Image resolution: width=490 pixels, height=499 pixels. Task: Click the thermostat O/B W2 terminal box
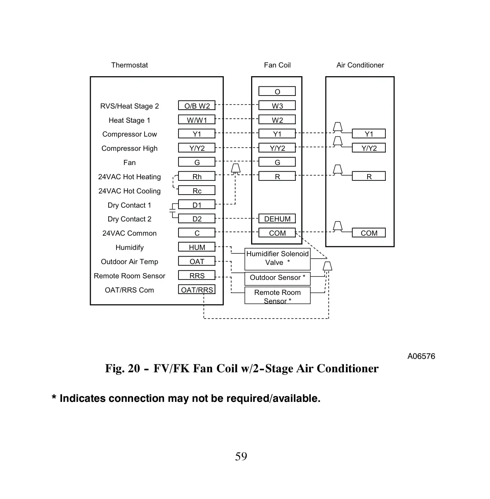(x=197, y=105)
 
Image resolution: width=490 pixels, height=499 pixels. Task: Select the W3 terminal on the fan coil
(x=277, y=105)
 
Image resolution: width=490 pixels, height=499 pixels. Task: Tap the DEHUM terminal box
(x=277, y=219)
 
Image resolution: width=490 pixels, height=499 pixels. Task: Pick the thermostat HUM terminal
(x=197, y=247)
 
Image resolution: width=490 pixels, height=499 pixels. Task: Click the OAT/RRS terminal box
(x=197, y=289)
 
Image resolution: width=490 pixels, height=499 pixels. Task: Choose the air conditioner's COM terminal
(x=369, y=233)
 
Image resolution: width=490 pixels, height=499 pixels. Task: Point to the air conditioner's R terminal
(x=369, y=176)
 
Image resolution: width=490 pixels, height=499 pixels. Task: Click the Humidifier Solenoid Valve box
(x=278, y=259)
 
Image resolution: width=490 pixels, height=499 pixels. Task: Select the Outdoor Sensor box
(x=278, y=278)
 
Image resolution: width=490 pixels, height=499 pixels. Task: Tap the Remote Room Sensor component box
(x=278, y=295)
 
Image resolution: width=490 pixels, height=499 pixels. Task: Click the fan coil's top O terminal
(x=277, y=91)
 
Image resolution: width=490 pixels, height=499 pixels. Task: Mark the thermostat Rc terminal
(x=197, y=190)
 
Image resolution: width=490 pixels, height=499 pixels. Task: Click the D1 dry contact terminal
(x=197, y=204)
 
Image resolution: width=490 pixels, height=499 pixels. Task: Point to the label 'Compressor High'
(x=129, y=148)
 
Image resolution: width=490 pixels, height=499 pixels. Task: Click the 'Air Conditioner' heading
(x=360, y=65)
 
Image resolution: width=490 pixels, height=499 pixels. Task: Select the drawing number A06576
(x=421, y=356)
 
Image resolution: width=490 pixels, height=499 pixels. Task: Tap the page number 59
(x=241, y=456)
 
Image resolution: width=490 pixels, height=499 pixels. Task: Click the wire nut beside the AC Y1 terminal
(x=338, y=127)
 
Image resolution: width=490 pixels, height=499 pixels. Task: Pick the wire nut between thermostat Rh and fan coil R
(x=236, y=168)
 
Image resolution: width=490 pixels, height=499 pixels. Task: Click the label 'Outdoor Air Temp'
(x=129, y=262)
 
